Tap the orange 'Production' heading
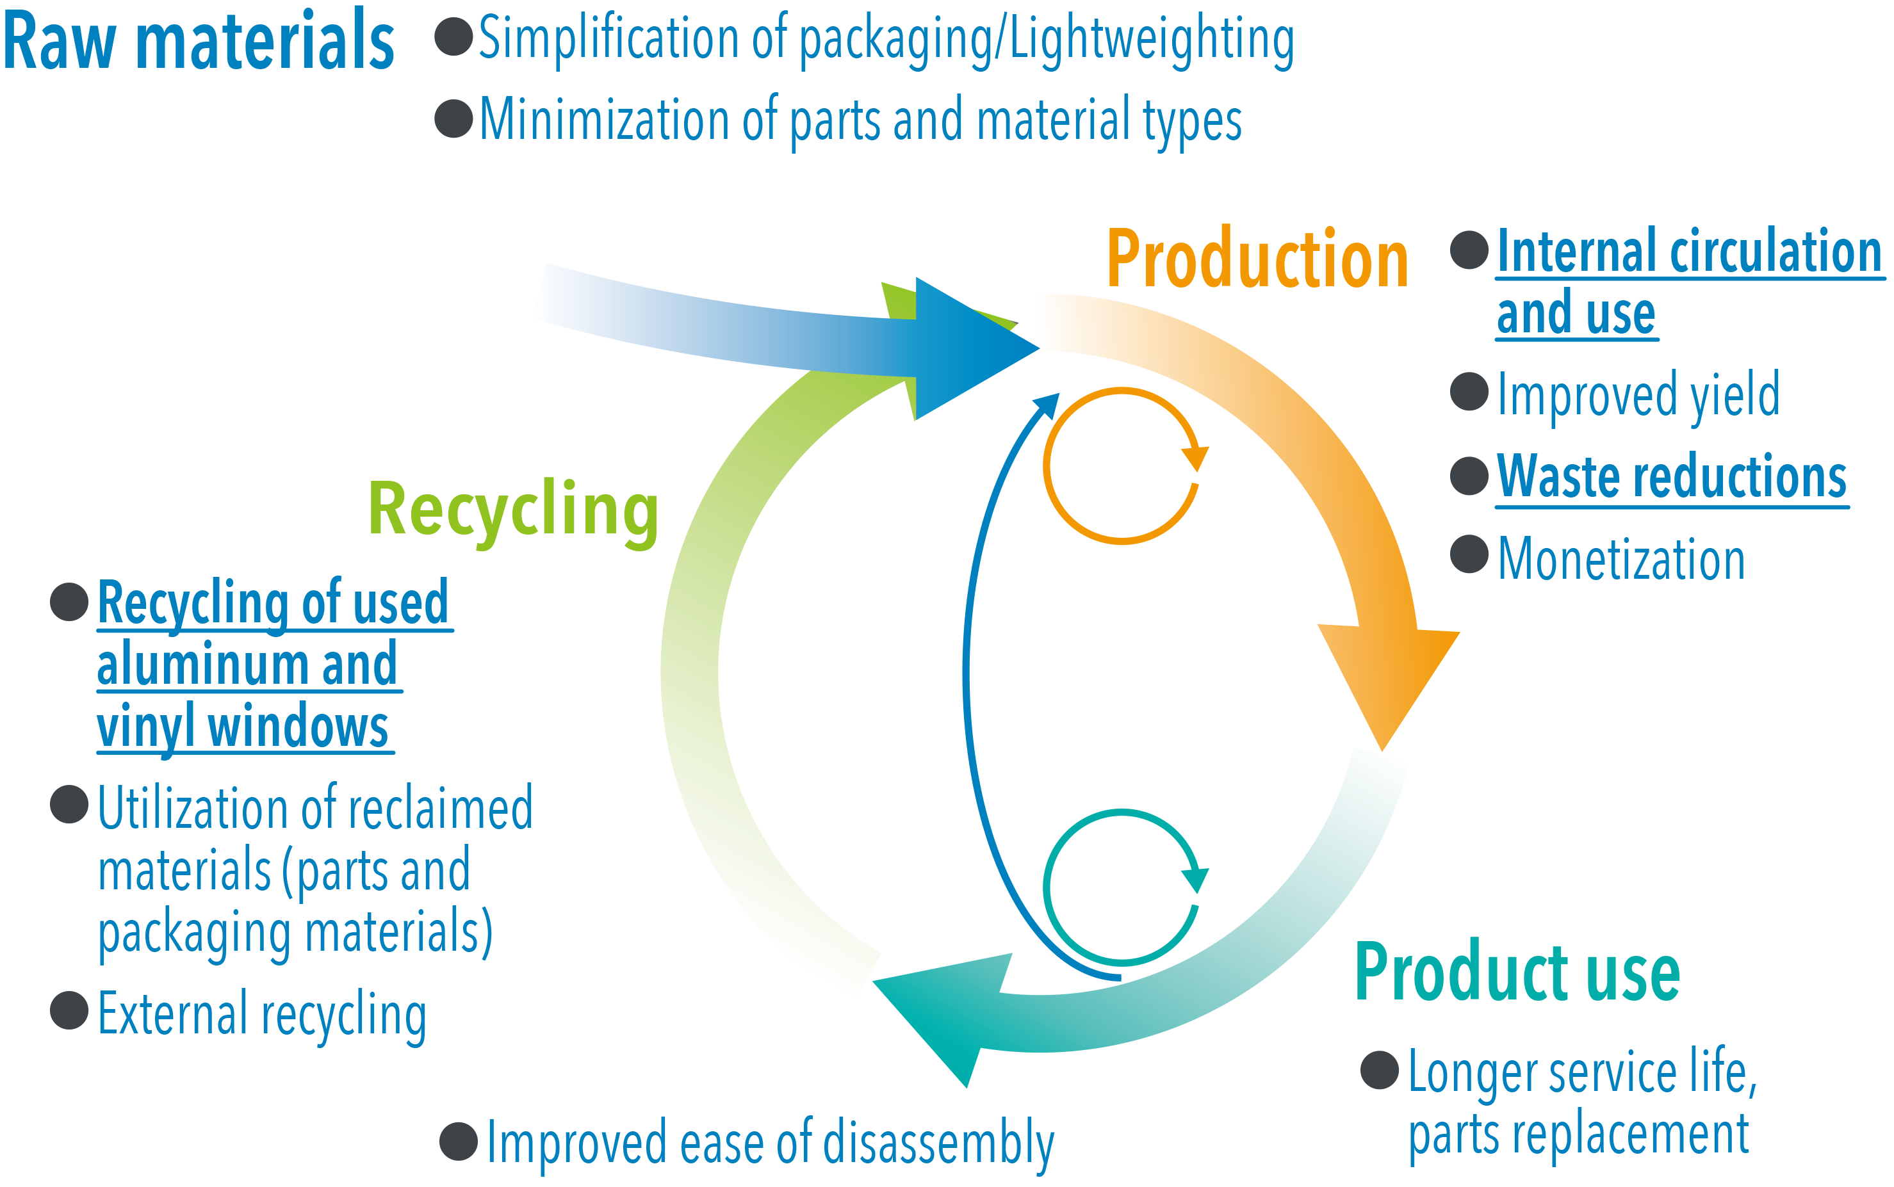[x=1257, y=259]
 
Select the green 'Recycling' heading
[x=513, y=510]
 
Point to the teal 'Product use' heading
[x=1517, y=973]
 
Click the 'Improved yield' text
[x=1638, y=395]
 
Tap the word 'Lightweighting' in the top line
[x=1151, y=39]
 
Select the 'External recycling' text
[x=262, y=1014]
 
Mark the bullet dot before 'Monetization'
[x=1469, y=555]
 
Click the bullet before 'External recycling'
[x=69, y=1010]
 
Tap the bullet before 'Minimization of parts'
[x=454, y=118]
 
